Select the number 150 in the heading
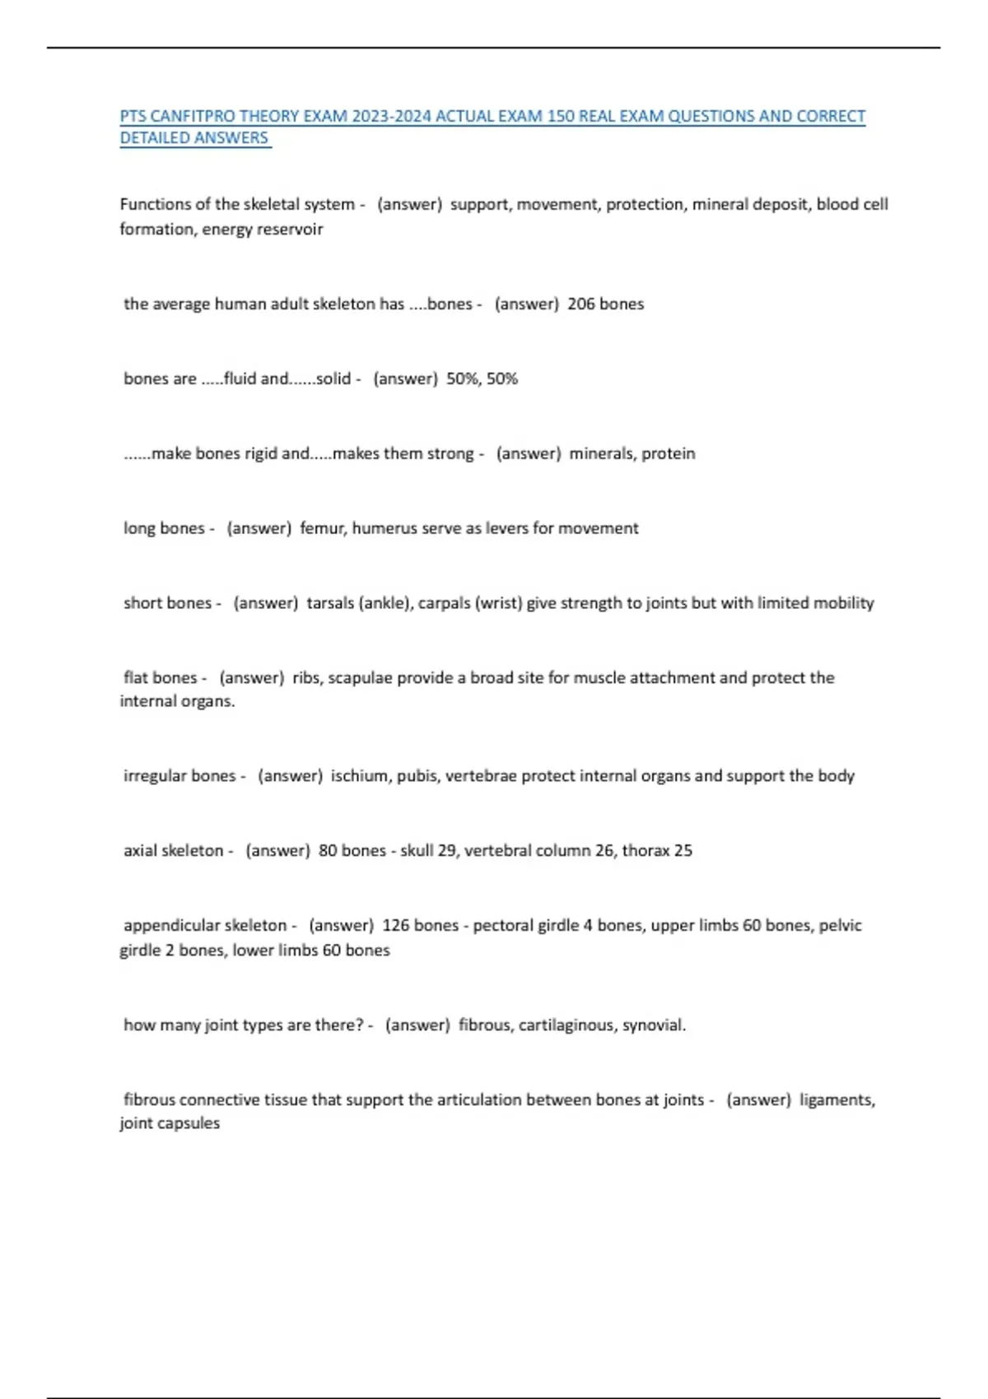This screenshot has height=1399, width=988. pyautogui.click(x=561, y=116)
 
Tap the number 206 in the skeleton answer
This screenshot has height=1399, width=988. pyautogui.click(x=580, y=304)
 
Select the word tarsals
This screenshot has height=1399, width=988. pyautogui.click(x=330, y=603)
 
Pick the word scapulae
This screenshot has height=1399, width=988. pyautogui.click(x=360, y=678)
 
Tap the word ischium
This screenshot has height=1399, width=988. pyautogui.click(x=360, y=776)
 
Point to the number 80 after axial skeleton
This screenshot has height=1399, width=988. pyautogui.click(x=328, y=851)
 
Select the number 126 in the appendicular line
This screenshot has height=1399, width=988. pyautogui.click(x=396, y=926)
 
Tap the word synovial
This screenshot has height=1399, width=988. pyautogui.click(x=654, y=1025)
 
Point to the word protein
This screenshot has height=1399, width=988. pyautogui.click(x=669, y=453)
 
